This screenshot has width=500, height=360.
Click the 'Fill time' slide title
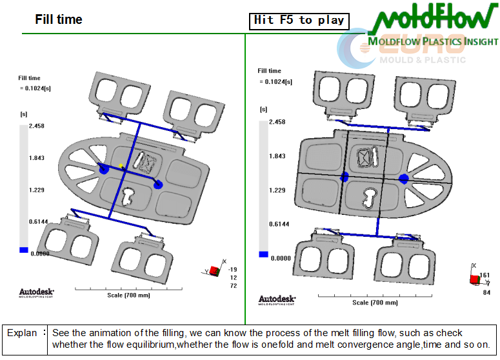(x=59, y=19)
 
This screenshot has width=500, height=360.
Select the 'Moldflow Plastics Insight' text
(x=433, y=43)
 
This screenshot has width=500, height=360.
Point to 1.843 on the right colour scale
(x=277, y=156)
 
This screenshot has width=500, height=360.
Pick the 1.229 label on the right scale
(x=277, y=190)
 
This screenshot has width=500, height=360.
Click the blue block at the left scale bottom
(x=24, y=250)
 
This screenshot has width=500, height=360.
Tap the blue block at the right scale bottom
(x=263, y=254)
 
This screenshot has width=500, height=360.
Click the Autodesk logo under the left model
(x=37, y=292)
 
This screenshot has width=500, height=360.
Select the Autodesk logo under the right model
(x=277, y=299)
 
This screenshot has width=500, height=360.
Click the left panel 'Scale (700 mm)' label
(x=128, y=295)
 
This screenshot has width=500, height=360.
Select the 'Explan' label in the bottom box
(x=22, y=333)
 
